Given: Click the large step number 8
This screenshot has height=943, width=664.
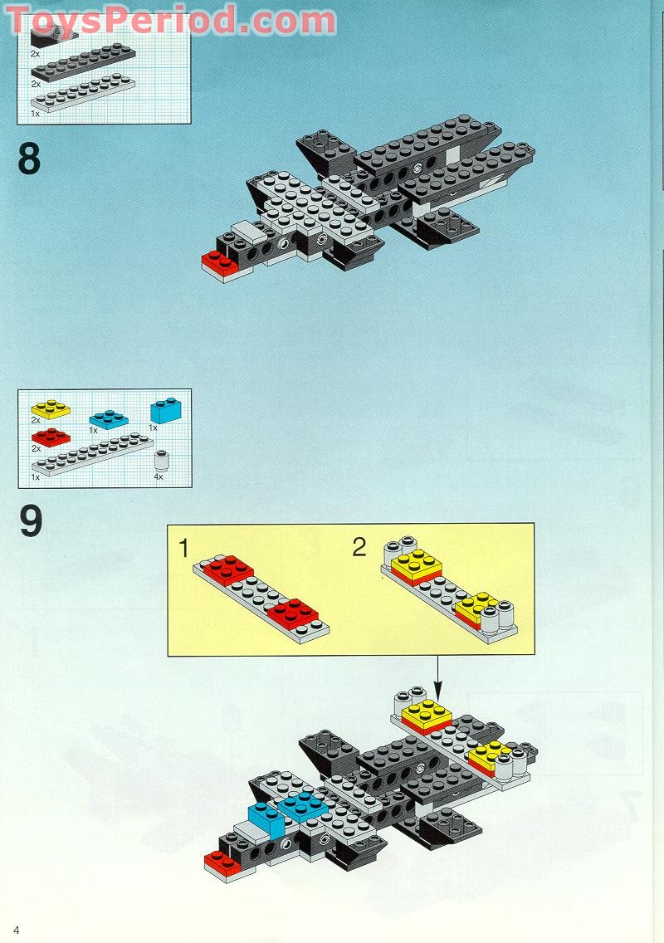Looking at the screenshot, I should (x=29, y=159).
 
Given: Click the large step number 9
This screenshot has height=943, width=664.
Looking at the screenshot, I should (x=30, y=522).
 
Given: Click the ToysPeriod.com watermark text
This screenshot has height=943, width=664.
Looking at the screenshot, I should (x=172, y=20).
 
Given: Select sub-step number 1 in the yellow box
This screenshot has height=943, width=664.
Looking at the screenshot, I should (x=183, y=548).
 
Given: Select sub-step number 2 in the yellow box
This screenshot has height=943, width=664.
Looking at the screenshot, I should (x=359, y=547).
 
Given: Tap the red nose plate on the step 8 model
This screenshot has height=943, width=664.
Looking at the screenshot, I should (x=220, y=262).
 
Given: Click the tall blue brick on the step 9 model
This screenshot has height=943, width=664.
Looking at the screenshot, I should (x=266, y=818).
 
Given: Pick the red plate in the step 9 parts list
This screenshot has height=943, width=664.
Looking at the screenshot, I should (x=50, y=437).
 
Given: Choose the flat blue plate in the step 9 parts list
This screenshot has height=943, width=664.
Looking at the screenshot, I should (x=108, y=418).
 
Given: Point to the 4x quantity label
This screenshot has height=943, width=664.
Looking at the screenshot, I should (x=158, y=477).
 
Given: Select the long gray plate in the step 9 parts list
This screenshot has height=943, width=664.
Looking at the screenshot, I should (x=91, y=457).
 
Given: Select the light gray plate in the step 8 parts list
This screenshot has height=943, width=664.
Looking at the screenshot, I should (x=83, y=94).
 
